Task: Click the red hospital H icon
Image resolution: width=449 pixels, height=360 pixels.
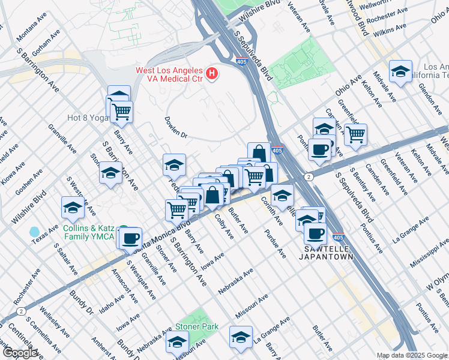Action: (x=212, y=74)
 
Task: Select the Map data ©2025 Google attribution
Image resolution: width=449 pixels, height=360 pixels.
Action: (x=411, y=355)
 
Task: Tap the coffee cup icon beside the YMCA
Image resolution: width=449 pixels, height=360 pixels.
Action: (x=130, y=238)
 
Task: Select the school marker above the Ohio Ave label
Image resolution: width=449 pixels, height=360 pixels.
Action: (x=400, y=71)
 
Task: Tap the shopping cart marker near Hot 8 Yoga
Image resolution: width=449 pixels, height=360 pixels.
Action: (x=122, y=110)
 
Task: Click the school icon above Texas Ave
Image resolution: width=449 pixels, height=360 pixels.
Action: (x=73, y=208)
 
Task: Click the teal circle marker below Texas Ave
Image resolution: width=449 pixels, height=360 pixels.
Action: (x=34, y=232)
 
